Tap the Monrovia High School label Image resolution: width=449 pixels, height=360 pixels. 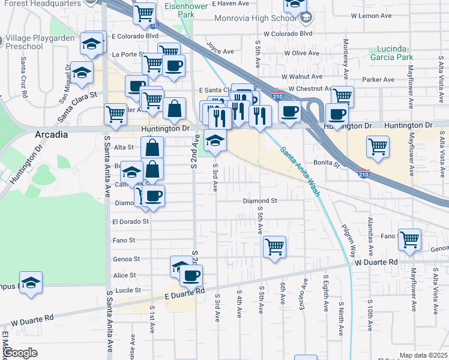coord(261,18)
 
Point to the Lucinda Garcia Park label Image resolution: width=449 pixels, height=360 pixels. coord(396,53)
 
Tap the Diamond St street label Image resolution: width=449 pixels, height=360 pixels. coord(259,201)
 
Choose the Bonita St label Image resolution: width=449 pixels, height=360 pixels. coord(326,163)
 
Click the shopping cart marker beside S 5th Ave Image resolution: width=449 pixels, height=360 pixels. coord(274,246)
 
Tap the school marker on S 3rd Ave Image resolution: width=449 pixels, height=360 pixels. coord(215,141)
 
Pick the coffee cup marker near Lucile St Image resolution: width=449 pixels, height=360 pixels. coord(191,276)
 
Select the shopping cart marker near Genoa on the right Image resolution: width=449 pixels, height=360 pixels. coord(409,239)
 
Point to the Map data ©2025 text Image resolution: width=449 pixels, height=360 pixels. coord(423,355)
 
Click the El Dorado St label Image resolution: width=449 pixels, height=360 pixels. coord(130,221)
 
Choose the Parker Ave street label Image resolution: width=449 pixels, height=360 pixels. coord(378,79)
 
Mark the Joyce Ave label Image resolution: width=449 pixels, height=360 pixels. coord(220,48)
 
